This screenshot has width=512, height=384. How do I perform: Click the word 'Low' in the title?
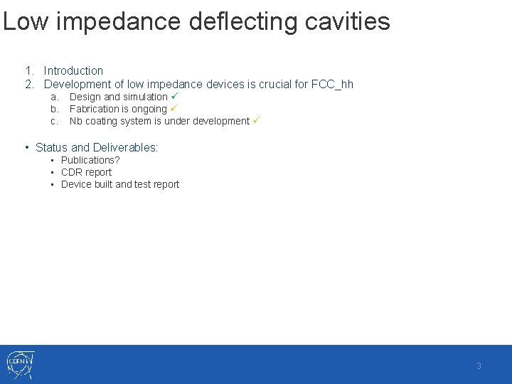click(25, 21)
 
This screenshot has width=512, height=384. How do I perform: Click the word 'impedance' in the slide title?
click(117, 21)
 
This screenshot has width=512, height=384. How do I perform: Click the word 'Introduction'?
click(73, 70)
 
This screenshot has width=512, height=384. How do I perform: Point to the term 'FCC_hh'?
click(333, 84)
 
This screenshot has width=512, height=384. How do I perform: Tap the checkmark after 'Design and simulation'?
click(174, 96)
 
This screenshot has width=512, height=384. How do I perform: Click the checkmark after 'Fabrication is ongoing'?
click(174, 108)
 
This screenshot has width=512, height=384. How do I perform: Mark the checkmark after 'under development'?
click(256, 120)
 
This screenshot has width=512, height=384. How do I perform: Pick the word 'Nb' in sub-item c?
click(76, 121)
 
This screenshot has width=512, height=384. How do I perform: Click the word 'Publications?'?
click(90, 160)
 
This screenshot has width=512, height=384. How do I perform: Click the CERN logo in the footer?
click(20, 365)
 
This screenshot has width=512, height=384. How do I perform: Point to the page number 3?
click(479, 366)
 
